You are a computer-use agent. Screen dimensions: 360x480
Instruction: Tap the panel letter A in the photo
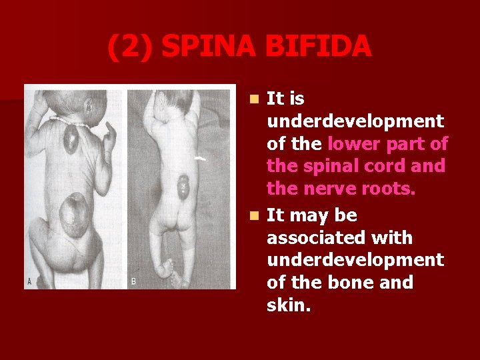pos(30,281)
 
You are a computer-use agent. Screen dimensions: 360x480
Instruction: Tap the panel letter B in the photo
pos(133,281)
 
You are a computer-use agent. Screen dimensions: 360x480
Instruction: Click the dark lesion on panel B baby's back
pos(183,187)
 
